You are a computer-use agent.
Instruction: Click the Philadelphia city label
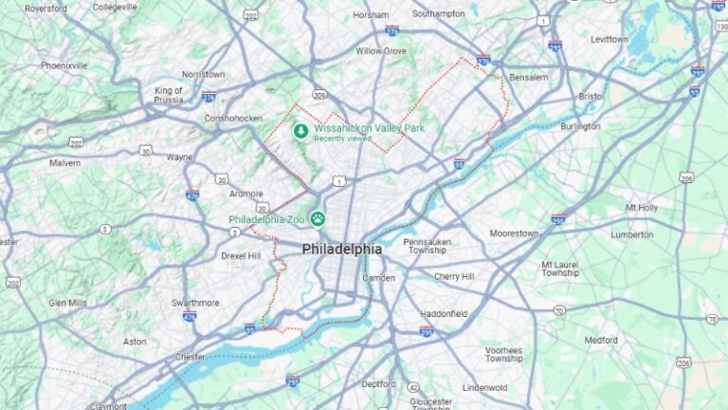coord(342,250)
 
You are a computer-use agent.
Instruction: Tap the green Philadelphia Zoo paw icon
coord(317,219)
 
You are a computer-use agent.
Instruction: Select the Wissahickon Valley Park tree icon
coord(301,131)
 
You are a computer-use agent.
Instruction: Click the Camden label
coord(379,278)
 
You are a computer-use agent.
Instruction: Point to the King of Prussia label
coord(169,95)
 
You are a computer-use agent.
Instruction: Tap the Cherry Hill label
coord(454,276)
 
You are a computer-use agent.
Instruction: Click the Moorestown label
coord(514,233)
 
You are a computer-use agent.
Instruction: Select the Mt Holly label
coord(642,207)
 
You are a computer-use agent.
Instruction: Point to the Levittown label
coord(610,40)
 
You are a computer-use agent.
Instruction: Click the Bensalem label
coord(529,77)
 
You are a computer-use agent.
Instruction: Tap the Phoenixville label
coord(64,65)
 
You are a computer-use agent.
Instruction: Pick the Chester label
coord(190,357)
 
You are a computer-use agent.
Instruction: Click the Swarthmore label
coord(195,303)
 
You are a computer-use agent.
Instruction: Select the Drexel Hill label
coord(241,255)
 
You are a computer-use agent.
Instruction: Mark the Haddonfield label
coord(444,313)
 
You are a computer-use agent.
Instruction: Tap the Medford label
coord(601,340)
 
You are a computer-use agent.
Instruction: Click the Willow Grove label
coord(381,50)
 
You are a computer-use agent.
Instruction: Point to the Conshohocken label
coord(233,119)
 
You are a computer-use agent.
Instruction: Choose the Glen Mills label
coord(67,303)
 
